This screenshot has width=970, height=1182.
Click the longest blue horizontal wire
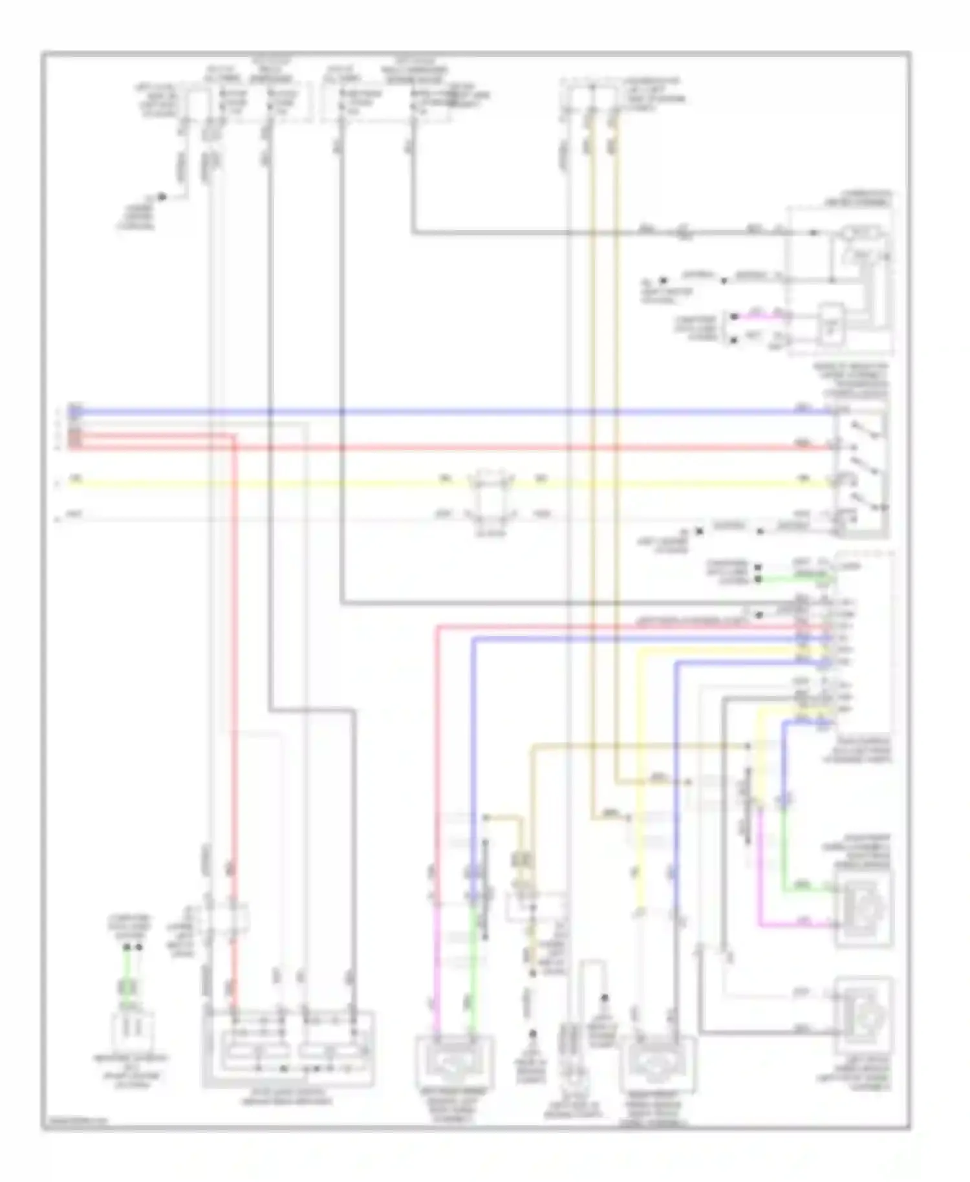[x=453, y=411]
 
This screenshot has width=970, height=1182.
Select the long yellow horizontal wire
[x=259, y=482]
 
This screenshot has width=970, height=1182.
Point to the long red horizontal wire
[x=517, y=447]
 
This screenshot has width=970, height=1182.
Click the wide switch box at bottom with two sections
[x=288, y=1048]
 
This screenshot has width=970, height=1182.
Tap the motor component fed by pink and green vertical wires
[x=455, y=1061]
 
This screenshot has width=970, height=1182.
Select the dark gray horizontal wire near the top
[x=582, y=233]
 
